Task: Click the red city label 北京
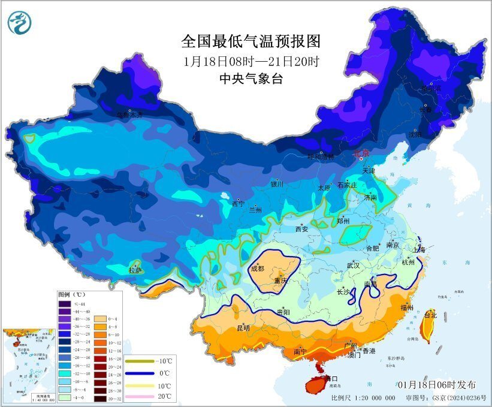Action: point(363,153)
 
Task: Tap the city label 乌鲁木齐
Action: point(129,114)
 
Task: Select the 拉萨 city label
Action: point(135,270)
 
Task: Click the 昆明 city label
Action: point(243,328)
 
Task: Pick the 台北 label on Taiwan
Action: point(431,314)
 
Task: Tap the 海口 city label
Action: point(330,379)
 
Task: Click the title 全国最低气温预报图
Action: point(251,41)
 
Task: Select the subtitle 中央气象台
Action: point(251,79)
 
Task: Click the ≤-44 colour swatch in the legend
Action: point(64,305)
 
